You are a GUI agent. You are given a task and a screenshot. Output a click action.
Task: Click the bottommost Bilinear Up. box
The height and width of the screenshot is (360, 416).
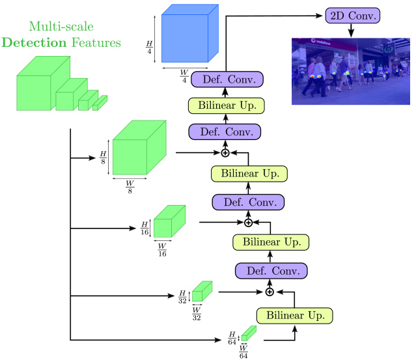(294, 315)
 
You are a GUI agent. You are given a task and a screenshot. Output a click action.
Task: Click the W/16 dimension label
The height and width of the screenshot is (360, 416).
(163, 250)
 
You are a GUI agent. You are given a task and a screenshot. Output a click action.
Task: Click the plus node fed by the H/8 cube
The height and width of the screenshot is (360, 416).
(225, 152)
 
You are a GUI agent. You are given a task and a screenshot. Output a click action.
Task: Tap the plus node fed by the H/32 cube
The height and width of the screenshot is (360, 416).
(269, 292)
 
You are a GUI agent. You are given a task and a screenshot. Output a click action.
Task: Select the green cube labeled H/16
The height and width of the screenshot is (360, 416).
(169, 221)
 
